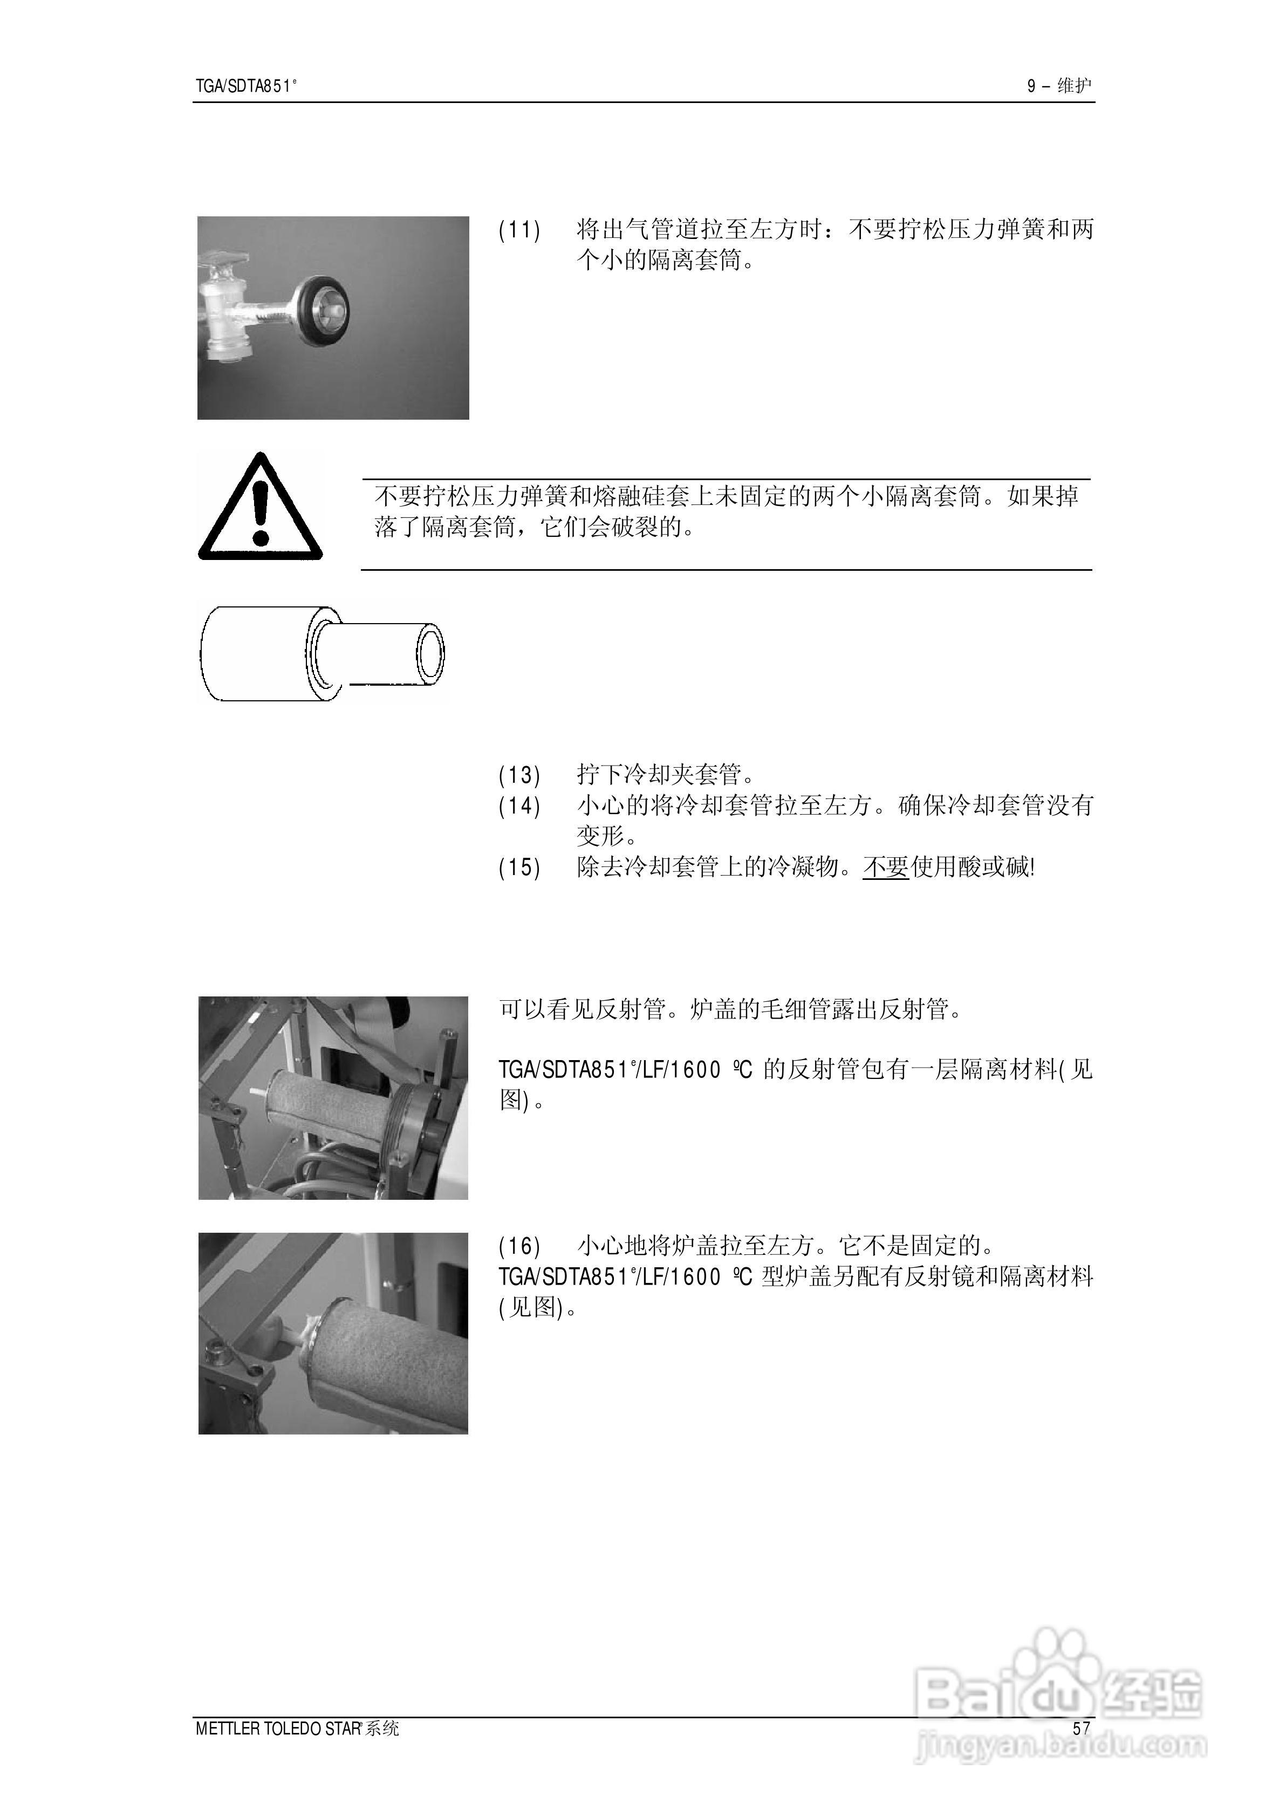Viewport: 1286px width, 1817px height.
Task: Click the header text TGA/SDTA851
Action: pos(245,86)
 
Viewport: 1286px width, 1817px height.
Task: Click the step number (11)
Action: pos(519,230)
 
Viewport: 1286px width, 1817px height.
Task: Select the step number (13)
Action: pos(519,774)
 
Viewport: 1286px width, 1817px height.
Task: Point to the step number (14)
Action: pos(519,806)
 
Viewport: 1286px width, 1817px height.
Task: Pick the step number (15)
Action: pos(519,867)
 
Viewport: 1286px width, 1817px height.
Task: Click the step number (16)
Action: pos(519,1246)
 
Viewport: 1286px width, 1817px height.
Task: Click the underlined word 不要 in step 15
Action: pos(885,867)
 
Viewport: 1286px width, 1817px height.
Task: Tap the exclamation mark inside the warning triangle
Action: pos(261,511)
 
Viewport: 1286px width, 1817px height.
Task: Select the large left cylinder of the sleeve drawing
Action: pos(254,654)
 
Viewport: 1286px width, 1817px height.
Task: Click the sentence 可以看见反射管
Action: pos(582,1010)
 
